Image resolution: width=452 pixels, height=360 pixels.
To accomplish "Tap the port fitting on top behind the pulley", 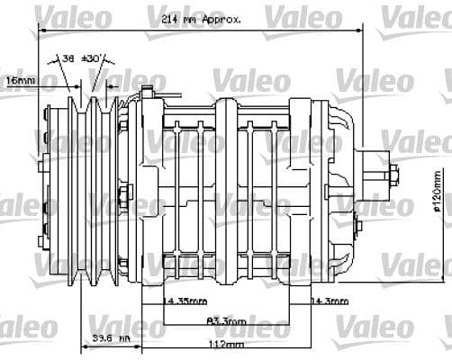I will (x=148, y=90).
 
